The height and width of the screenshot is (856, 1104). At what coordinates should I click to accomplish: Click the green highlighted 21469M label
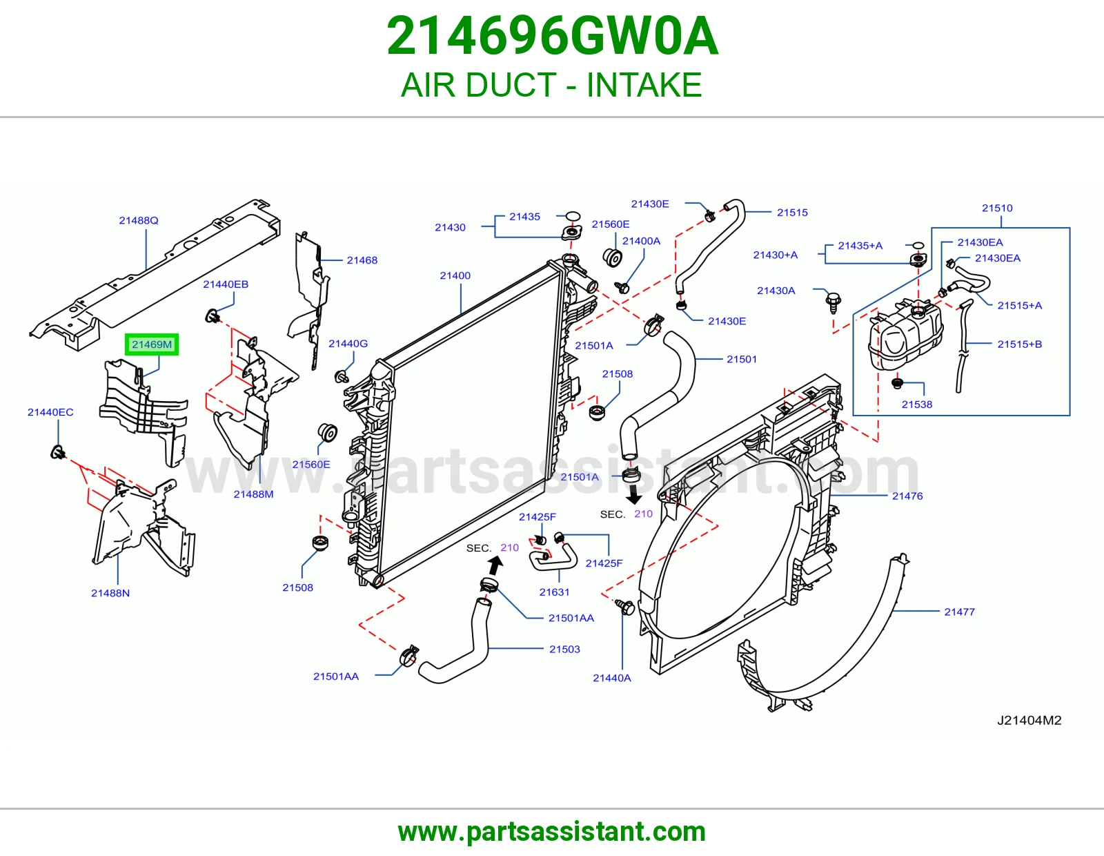[151, 344]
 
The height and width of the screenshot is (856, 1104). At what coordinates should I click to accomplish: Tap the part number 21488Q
[139, 220]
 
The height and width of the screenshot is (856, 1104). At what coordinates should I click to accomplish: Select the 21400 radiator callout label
[455, 275]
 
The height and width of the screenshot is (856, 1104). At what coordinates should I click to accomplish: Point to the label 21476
[907, 496]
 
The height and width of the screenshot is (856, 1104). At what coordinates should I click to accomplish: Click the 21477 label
[959, 612]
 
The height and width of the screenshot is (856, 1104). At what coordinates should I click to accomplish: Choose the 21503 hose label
[564, 649]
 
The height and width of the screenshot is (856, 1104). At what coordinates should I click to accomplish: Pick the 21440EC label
[50, 411]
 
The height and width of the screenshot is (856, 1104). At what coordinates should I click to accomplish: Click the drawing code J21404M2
[1029, 720]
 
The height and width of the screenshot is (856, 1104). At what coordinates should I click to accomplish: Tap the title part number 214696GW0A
[552, 36]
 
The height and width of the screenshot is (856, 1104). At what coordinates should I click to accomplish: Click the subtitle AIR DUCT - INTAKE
[552, 85]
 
